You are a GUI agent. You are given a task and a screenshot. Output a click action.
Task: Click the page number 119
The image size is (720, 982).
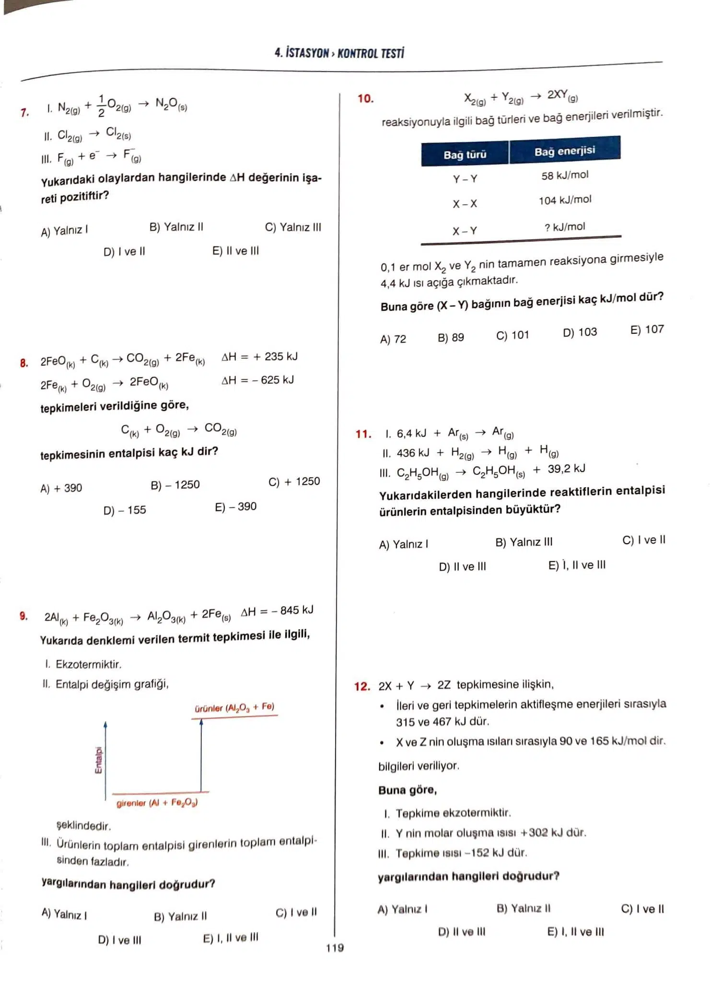[335, 947]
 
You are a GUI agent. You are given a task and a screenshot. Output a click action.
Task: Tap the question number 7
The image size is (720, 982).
[24, 113]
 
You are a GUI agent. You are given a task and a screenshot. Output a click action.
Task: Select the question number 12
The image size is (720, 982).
[362, 687]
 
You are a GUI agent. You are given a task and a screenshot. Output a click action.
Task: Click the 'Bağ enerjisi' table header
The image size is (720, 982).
[565, 151]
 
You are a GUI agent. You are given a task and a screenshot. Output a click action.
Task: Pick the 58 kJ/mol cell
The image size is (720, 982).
[565, 175]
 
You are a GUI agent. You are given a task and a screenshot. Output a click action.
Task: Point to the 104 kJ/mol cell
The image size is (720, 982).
[565, 200]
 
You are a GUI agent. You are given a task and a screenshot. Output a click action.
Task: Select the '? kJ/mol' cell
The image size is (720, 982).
[565, 227]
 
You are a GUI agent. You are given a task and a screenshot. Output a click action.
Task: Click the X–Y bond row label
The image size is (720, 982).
[465, 231]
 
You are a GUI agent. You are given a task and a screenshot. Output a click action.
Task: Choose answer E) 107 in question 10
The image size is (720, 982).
[647, 330]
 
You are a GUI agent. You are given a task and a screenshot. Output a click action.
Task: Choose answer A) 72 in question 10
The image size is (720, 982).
[393, 339]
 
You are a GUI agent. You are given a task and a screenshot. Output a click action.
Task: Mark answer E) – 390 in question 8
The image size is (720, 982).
[235, 507]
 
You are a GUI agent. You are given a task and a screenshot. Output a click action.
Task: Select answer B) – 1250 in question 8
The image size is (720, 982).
[175, 485]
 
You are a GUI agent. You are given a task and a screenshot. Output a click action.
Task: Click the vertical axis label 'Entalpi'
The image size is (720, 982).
[98, 760]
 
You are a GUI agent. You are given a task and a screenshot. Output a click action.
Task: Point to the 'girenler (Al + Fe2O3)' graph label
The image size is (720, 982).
[157, 803]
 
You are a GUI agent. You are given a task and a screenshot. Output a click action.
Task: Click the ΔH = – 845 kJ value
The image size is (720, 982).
[277, 611]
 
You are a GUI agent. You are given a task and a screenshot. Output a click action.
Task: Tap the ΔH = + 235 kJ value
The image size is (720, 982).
[259, 357]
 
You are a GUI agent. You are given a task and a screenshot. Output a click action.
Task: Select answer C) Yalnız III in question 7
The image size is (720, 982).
[293, 227]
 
